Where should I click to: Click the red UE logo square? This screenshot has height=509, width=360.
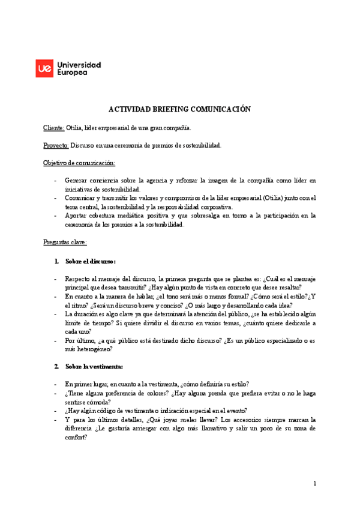click(45, 68)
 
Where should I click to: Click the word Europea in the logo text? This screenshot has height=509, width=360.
click(71, 73)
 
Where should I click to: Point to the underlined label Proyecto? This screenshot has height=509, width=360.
click(56, 145)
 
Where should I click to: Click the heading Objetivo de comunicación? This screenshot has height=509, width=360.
click(79, 163)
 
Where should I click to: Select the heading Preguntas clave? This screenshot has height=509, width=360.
click(65, 242)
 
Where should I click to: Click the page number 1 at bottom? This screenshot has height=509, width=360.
click(314, 483)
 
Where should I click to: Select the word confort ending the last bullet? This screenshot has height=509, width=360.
click(75, 438)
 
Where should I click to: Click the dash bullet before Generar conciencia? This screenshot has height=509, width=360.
click(56, 181)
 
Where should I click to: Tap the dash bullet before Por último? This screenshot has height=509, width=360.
click(56, 340)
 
